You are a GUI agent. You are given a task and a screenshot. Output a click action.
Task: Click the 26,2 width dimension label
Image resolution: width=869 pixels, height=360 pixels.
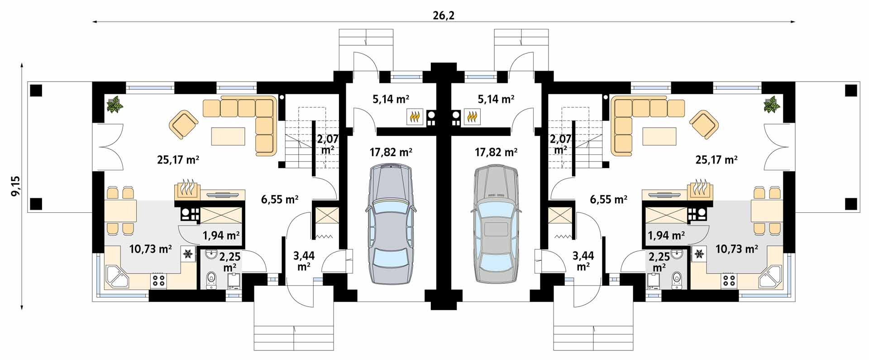444,15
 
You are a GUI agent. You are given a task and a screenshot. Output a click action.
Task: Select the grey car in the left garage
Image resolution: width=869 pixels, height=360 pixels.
391,224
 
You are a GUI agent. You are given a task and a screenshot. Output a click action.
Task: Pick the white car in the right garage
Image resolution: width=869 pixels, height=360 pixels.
496,224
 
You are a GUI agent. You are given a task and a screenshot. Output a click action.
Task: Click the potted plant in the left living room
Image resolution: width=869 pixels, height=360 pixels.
115,105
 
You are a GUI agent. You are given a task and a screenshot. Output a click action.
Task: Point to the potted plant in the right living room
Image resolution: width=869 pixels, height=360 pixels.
772,105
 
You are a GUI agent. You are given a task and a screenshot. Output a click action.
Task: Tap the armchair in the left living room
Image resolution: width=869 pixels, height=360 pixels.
183,125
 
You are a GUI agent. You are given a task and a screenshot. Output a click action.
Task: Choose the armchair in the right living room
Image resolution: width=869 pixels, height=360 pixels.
703,125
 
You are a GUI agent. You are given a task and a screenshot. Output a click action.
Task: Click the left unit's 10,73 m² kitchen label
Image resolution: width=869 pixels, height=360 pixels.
150,249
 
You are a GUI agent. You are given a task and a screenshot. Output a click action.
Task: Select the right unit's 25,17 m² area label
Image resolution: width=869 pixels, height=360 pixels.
716,159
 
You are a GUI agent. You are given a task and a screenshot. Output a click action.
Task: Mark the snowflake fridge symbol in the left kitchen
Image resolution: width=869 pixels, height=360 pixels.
187,254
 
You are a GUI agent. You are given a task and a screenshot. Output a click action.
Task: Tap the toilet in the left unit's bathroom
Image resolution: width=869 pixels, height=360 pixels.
210,280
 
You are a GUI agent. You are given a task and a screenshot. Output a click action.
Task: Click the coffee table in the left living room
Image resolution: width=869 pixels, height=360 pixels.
228,136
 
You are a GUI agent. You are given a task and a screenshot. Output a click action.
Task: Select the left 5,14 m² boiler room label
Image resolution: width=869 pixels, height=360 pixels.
391,99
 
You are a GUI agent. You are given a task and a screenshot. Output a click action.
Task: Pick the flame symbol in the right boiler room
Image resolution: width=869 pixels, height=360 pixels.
472,117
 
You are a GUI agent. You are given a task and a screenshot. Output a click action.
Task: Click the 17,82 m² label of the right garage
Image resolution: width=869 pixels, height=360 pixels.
496,152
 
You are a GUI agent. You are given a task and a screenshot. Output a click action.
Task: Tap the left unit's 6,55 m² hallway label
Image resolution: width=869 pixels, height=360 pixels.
279,199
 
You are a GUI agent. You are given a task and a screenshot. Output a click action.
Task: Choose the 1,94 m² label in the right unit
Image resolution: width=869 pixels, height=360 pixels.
666,235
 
